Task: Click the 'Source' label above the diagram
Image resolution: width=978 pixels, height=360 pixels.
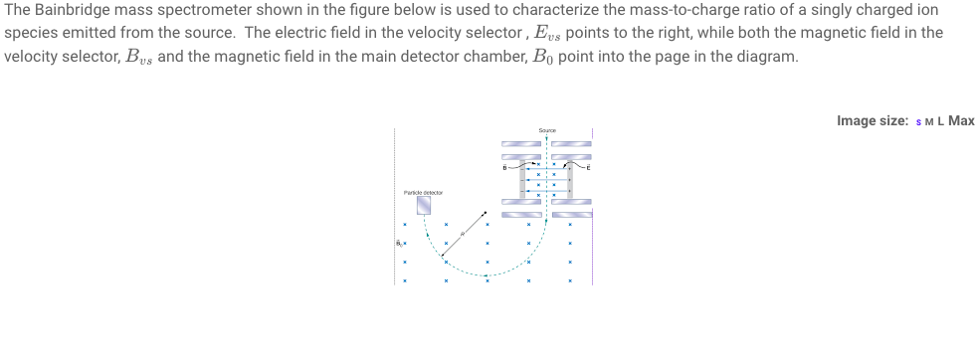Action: tap(546, 130)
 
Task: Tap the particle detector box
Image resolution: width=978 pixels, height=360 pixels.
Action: tap(424, 204)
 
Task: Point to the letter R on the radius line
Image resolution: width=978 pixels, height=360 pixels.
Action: tap(463, 232)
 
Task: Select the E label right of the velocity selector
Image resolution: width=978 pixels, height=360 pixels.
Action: tap(588, 170)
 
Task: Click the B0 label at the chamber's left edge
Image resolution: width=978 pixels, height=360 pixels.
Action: tap(398, 242)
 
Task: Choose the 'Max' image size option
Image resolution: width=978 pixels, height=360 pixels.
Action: tap(961, 121)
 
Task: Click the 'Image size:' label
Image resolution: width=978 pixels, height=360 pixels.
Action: tap(873, 121)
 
